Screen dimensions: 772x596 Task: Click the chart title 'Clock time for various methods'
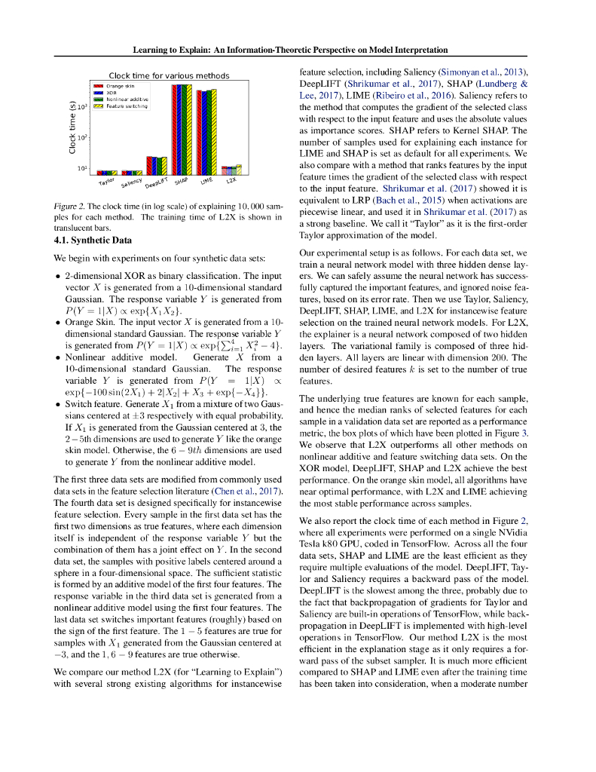click(169, 75)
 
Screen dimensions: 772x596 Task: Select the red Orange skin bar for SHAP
click(174, 129)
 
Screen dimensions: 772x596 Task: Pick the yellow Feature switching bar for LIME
click(214, 132)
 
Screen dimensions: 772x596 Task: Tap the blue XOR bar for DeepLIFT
click(151, 166)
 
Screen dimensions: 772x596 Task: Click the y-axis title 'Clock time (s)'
click(72, 127)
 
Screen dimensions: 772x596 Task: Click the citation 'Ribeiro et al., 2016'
click(421, 96)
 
